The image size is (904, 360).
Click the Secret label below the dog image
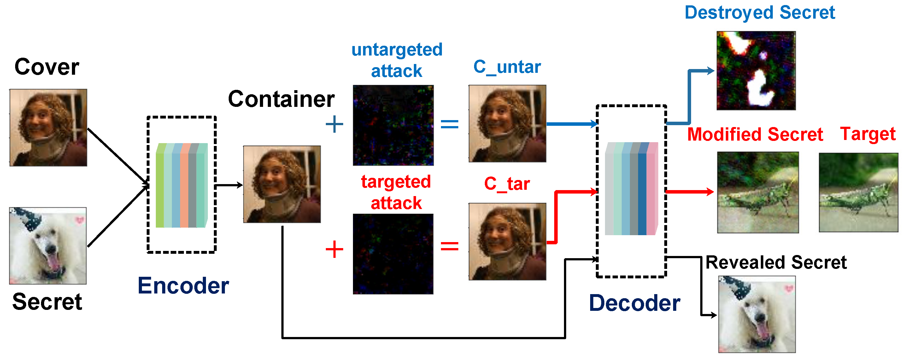click(x=47, y=302)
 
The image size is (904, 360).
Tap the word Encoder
click(x=183, y=286)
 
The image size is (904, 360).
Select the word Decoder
click(x=635, y=303)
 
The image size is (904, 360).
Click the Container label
click(x=281, y=99)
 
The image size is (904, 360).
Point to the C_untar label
click(x=507, y=67)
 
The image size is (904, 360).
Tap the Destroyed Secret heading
click(x=760, y=13)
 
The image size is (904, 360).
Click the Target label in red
click(x=867, y=134)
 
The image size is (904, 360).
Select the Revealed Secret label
click(x=776, y=263)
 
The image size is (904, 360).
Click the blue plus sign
click(x=334, y=124)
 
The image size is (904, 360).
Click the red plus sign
click(x=334, y=249)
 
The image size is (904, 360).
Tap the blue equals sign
click(x=449, y=124)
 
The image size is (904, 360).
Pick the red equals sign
click(x=449, y=246)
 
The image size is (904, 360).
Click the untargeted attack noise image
click(x=393, y=125)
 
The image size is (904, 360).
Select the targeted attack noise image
click(x=393, y=254)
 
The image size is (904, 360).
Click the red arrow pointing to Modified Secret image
click(x=690, y=192)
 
